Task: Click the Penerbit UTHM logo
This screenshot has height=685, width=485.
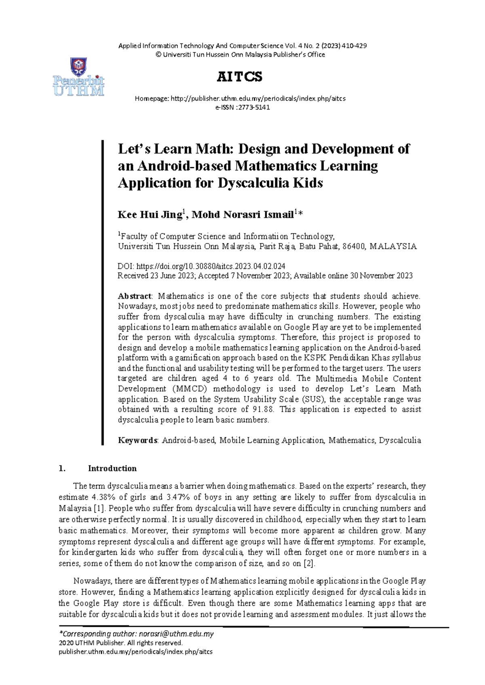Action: click(x=79, y=77)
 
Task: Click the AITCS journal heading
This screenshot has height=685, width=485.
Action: click(x=240, y=77)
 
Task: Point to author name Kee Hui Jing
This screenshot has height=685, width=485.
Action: click(x=150, y=214)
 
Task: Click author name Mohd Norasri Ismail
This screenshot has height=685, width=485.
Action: click(x=242, y=214)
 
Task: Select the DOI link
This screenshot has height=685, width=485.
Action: click(x=211, y=266)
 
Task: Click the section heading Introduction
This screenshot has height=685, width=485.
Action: click(x=112, y=469)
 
